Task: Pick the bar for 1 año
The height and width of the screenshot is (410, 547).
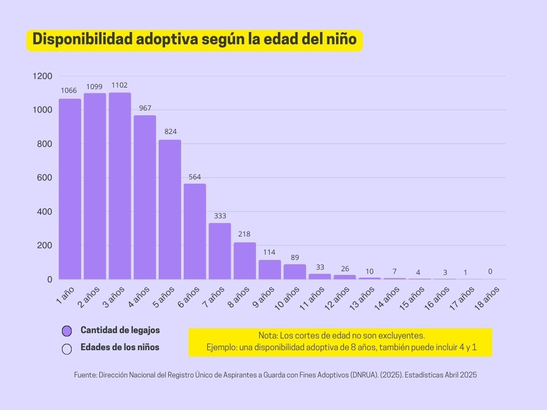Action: (x=69, y=189)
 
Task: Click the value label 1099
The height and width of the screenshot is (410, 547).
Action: (x=95, y=86)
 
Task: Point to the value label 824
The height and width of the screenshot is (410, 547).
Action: (x=170, y=131)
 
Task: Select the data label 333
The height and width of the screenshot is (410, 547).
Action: (x=220, y=216)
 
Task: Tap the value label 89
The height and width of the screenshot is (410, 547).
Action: (x=295, y=257)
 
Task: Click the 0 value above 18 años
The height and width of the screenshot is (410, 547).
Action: (x=490, y=271)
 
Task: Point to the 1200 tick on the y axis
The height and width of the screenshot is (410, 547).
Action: (x=42, y=76)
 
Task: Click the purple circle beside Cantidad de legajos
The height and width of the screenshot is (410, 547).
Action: (x=67, y=331)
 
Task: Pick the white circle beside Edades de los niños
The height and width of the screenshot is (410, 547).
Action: (x=67, y=349)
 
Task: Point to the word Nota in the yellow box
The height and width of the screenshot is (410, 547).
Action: (x=268, y=336)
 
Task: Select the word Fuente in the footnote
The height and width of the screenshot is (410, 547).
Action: (x=84, y=375)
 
